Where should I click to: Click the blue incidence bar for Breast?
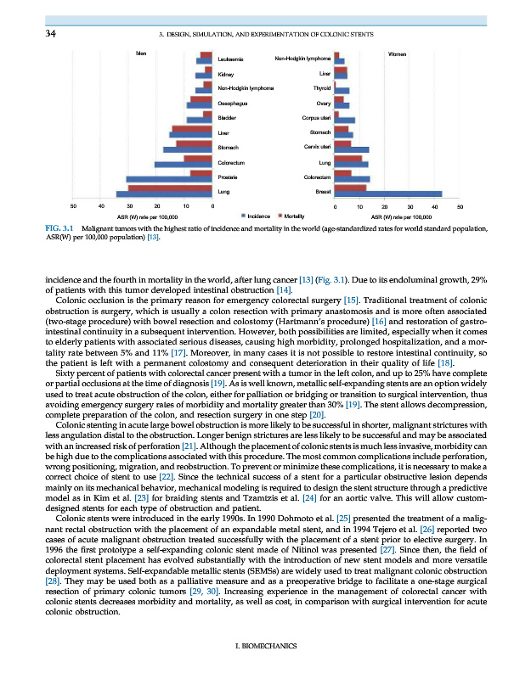coord(389,194)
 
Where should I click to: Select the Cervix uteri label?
coord(315,147)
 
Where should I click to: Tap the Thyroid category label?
coord(322,88)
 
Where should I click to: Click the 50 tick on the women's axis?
coord(460,206)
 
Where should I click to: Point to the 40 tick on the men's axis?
coord(101,206)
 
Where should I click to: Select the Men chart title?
coord(141,53)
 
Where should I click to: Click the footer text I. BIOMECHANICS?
coord(265,647)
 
